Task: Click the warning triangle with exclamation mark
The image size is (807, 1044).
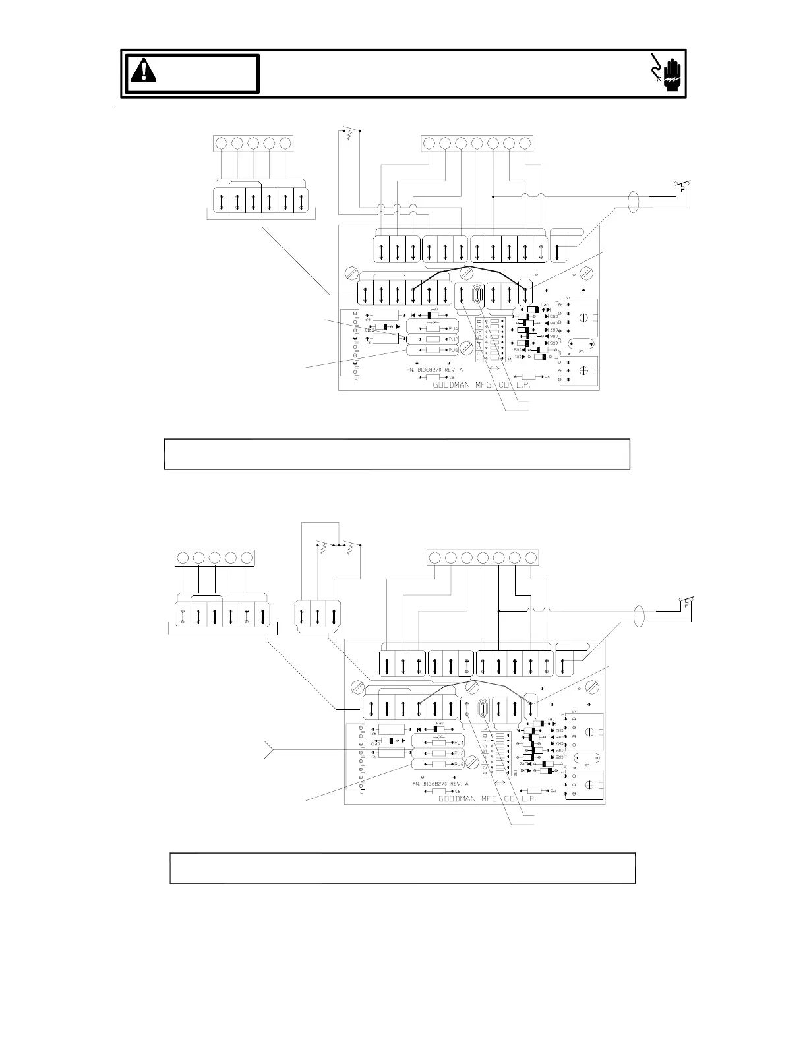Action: [x=143, y=70]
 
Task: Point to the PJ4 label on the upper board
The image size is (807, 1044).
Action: [x=452, y=328]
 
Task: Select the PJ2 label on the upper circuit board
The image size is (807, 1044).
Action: [x=452, y=339]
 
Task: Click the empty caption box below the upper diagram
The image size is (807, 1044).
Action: [x=397, y=454]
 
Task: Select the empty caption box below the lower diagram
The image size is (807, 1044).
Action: [x=402, y=867]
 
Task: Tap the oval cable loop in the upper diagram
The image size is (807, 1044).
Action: [x=634, y=202]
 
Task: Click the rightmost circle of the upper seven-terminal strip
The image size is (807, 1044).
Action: [x=525, y=143]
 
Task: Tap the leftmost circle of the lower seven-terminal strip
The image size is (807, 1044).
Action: [x=434, y=558]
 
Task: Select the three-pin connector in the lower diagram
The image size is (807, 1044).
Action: [x=318, y=616]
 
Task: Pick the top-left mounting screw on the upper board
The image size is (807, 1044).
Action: [x=351, y=272]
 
